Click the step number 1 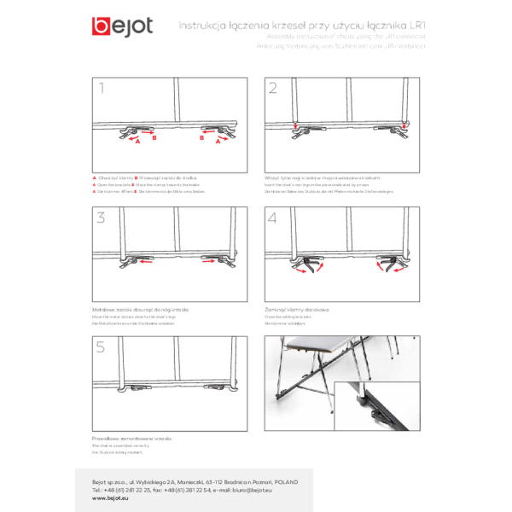(x=102, y=87)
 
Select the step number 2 (x=273, y=87)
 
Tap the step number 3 (x=102, y=217)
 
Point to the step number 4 (x=273, y=217)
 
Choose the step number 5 (x=102, y=346)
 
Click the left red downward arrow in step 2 (x=295, y=128)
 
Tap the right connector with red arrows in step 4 (x=392, y=268)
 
